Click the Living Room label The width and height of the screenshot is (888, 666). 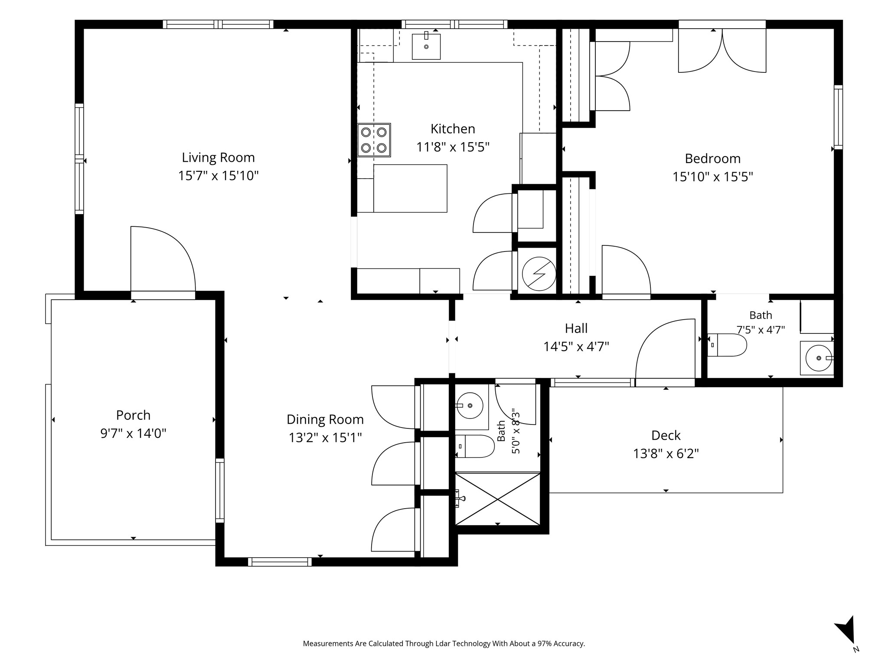pos(218,157)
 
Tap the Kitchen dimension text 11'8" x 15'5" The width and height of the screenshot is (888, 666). pos(453,147)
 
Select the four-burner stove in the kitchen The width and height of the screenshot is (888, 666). pos(374,140)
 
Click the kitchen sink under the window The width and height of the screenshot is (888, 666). pos(426,46)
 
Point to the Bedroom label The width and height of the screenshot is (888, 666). pos(713,159)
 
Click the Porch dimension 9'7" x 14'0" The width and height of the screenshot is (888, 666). pos(134,433)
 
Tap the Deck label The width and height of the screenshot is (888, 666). pos(666,435)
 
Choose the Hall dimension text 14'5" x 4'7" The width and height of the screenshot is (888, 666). pos(576,347)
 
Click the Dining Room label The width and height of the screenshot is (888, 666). pos(325,420)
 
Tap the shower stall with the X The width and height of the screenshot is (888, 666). pos(498,499)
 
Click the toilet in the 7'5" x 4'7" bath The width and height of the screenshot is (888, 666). pos(727,345)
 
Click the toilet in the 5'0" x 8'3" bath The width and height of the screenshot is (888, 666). pos(475,446)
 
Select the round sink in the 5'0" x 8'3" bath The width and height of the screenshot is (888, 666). pos(470,406)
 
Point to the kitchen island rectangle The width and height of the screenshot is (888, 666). pos(410,188)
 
